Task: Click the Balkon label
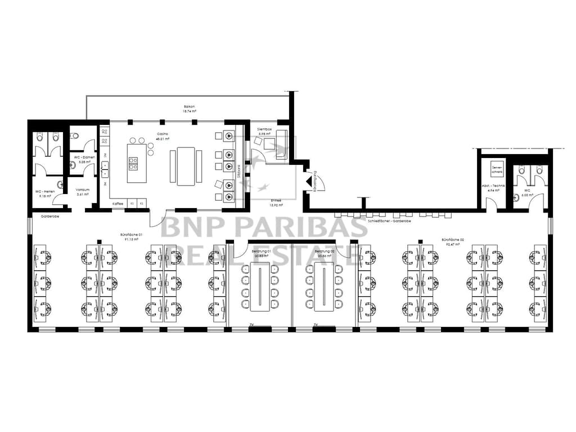189,106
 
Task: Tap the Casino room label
162,134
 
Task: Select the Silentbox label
264,129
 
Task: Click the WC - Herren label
44,191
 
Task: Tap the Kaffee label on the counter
118,203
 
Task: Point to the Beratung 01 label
261,251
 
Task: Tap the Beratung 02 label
326,251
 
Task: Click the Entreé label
276,200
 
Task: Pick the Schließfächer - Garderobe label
389,221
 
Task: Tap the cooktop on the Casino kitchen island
133,163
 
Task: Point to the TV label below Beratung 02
316,325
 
